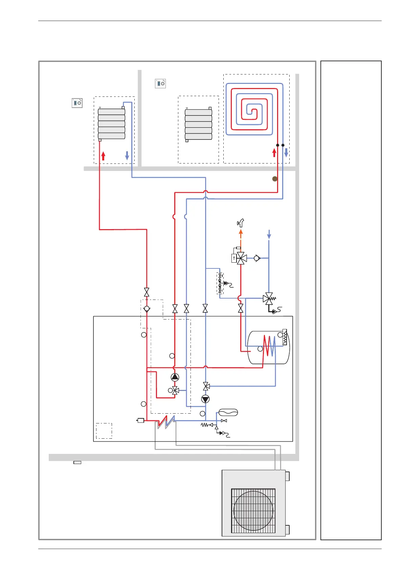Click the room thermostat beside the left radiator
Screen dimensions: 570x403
tap(77, 103)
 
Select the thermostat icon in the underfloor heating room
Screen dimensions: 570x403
tap(160, 83)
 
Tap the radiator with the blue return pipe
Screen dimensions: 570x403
tap(112, 124)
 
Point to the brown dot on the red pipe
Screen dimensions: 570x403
tap(275, 179)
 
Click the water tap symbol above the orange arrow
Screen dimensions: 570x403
tap(241, 222)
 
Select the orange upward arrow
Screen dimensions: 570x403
tap(241, 234)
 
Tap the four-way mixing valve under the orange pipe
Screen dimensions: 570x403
tap(241, 258)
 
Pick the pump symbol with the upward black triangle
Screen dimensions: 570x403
tap(175, 377)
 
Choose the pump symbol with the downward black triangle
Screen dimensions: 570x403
tap(205, 399)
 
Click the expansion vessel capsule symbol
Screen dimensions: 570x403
tap(228, 412)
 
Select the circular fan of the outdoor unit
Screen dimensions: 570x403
tap(253, 511)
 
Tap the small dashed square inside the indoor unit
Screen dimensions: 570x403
tap(104, 431)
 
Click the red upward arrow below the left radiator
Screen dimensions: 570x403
tap(103, 156)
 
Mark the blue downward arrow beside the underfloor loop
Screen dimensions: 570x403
tap(286, 153)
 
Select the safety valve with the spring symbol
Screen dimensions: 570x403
tap(269, 299)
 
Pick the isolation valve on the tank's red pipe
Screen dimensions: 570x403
tap(241, 308)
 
